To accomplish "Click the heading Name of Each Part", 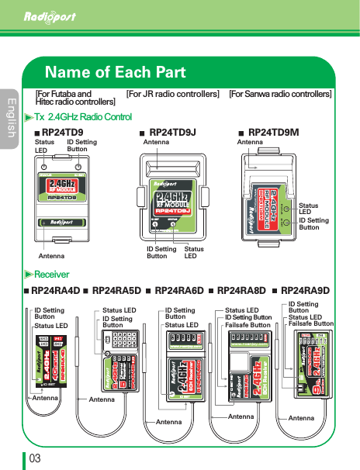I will [x=116, y=73].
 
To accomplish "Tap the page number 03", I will [x=35, y=458].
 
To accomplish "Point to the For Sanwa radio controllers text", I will [x=280, y=94].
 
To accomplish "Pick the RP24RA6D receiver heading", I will [x=179, y=291].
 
